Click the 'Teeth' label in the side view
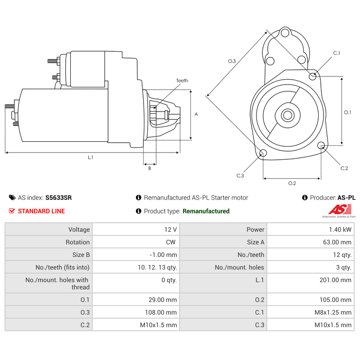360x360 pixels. coord(182,81)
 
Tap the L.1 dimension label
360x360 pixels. coord(90,157)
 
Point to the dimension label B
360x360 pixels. coord(149,169)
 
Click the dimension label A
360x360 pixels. coord(196,114)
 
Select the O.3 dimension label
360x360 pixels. coord(232,61)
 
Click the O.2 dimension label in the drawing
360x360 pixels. coord(292,183)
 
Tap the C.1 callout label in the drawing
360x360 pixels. coord(337,53)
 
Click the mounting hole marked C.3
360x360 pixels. coord(263,154)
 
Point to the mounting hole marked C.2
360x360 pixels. coord(321,145)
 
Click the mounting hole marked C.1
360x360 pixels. coord(313,76)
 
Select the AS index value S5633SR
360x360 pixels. coord(58,198)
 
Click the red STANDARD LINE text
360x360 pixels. coord(41,211)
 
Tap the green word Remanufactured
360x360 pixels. coord(206,211)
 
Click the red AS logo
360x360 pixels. coord(339,209)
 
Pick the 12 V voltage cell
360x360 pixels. coord(171,229)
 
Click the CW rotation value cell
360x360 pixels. coord(171,242)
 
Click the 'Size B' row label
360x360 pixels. coord(81,255)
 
